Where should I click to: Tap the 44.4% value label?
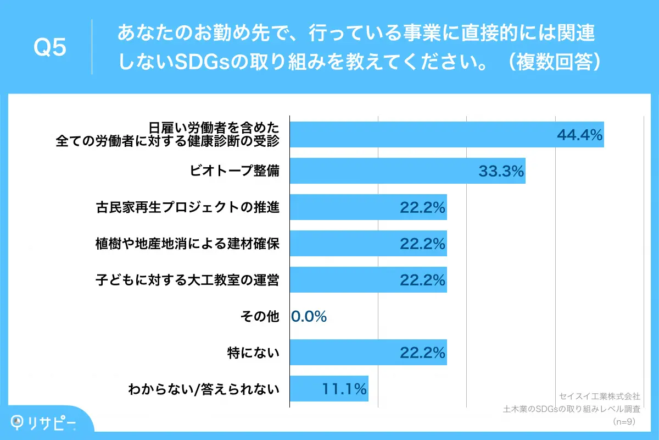tap(579, 135)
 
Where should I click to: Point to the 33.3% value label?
tap(501, 171)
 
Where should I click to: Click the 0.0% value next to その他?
tap(309, 316)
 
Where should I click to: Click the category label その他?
tap(260, 316)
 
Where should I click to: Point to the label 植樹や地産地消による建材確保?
tap(187, 244)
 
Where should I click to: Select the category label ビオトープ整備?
tap(234, 171)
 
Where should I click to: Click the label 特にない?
tap(253, 353)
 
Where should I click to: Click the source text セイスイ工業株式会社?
tap(599, 396)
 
